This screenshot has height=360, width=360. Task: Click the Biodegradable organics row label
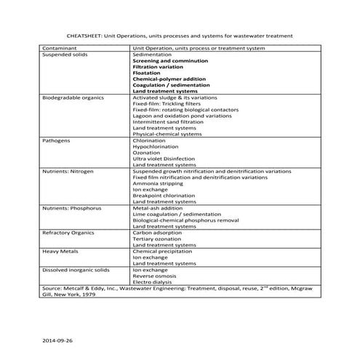[73, 97]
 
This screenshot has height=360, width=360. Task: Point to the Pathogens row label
[57, 138]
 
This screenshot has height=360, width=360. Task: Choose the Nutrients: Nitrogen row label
[69, 172]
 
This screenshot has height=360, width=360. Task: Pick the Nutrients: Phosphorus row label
[72, 207]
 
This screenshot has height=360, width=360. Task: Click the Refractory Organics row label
[69, 233]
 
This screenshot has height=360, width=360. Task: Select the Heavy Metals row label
[60, 251]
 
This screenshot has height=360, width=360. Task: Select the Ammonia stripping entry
[158, 183]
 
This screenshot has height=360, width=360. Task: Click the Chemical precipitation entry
[161, 251]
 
